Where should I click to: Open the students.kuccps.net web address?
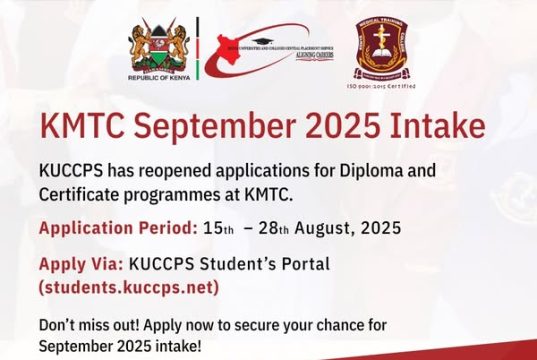pos(128,287)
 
